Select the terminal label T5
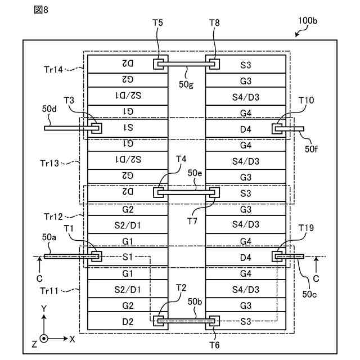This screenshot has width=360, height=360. tap(157, 24)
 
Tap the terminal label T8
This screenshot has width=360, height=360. tap(215, 24)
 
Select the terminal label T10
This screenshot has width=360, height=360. tap(307, 100)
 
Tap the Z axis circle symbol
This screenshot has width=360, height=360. tap(44, 339)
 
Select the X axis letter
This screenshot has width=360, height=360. tap(73, 339)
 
